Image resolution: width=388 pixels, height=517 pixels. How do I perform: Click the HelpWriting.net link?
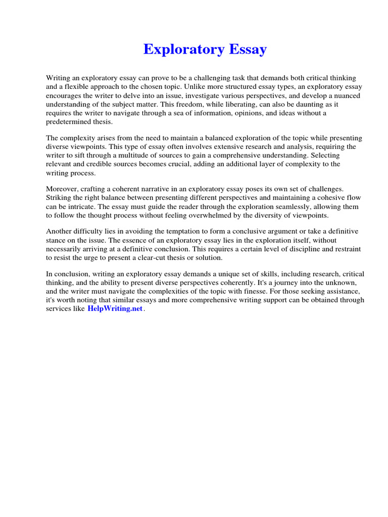[115, 309]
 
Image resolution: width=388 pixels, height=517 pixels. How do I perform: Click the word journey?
[280, 283]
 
